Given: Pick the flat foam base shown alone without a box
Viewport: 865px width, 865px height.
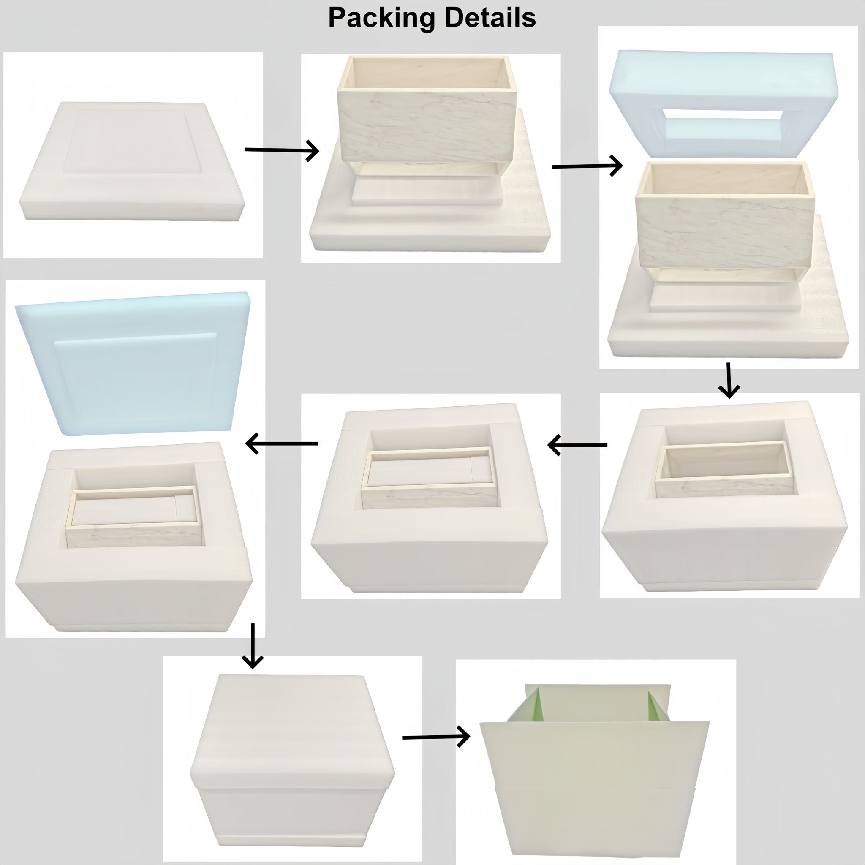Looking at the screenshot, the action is point(133,162).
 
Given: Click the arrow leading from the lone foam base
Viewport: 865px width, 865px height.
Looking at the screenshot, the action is point(282,150).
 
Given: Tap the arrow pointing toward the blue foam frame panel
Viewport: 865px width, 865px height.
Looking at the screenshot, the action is point(587,166).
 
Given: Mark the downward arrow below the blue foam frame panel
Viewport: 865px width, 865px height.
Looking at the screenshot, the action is point(729,380).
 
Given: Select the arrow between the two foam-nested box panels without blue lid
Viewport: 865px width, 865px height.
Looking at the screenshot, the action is point(577,445).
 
